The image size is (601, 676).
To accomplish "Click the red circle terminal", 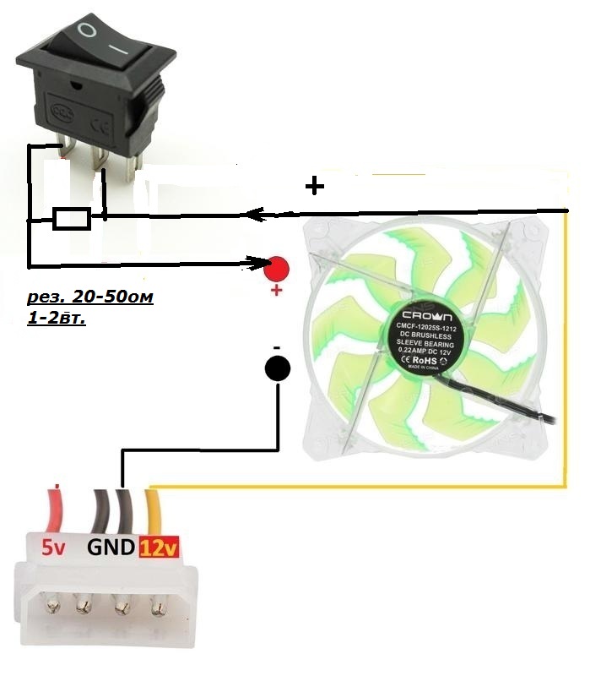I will tap(276, 269).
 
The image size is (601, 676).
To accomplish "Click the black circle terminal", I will tap(278, 368).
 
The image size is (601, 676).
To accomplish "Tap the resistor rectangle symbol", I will tap(71, 219).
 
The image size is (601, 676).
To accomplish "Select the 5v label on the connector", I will tap(54, 548).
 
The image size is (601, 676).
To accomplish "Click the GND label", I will tap(111, 548).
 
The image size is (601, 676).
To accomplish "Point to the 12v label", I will tap(159, 548).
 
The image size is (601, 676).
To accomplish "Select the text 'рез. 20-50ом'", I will tap(90, 298).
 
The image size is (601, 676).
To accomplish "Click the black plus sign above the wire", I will tap(314, 186).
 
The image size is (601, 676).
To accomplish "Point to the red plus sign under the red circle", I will tap(275, 292).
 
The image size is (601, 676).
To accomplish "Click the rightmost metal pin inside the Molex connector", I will tap(158, 605).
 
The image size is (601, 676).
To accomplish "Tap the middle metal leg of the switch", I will tap(99, 161).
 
